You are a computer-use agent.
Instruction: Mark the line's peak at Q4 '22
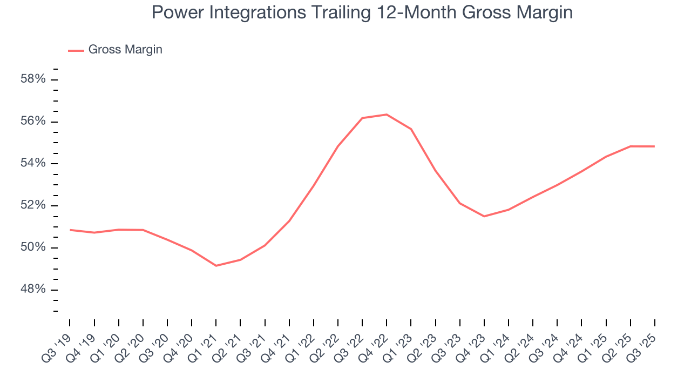coord(387,115)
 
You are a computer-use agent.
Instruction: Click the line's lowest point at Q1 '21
coord(216,266)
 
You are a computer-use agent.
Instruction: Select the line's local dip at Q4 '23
coord(484,216)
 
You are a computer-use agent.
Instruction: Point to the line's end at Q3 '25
coord(655,146)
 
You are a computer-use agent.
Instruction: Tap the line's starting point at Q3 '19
coord(70,230)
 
